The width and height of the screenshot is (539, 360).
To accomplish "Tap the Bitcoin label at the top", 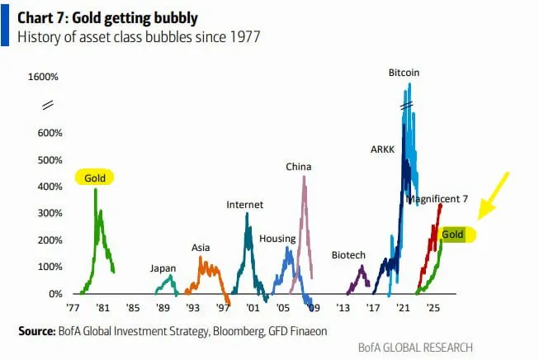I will click(404, 73).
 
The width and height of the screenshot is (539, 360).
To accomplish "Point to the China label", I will click(298, 167).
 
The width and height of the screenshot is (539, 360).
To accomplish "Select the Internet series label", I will click(244, 205).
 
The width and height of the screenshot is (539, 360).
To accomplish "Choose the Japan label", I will click(163, 268).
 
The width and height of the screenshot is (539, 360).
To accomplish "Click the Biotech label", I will click(348, 255).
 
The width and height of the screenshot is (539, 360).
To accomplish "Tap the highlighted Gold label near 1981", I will click(94, 177).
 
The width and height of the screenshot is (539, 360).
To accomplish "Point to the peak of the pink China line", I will click(304, 177).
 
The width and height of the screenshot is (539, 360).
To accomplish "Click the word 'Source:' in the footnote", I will click(37, 331).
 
